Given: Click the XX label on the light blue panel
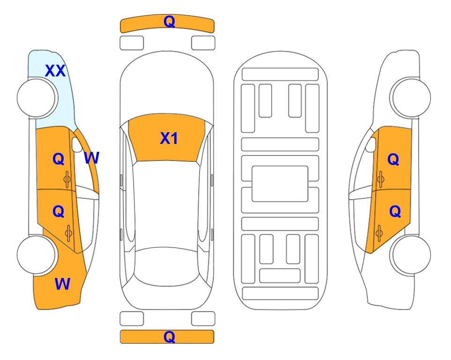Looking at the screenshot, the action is [55, 71].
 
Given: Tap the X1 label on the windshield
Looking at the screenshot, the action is [169, 138].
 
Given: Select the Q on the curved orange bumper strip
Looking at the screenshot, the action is [169, 22].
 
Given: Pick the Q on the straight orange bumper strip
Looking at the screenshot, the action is [169, 337].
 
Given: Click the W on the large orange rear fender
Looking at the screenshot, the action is [62, 284].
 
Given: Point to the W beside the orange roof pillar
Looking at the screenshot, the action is [92, 158].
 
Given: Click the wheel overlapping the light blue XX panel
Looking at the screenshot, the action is [37, 98].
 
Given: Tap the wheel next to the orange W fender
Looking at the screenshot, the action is [37, 255].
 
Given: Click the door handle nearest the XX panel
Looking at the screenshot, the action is [67, 180].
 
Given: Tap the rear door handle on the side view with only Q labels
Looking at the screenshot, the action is [379, 233].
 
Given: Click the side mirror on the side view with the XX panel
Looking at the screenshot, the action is [77, 144].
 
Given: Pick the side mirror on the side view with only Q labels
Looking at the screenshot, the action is [371, 144].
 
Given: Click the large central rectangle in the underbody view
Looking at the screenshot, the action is [280, 184].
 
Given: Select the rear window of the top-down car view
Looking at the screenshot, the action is [166, 266].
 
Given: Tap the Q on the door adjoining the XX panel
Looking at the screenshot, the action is [59, 159].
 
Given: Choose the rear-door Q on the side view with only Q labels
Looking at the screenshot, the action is [395, 211].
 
